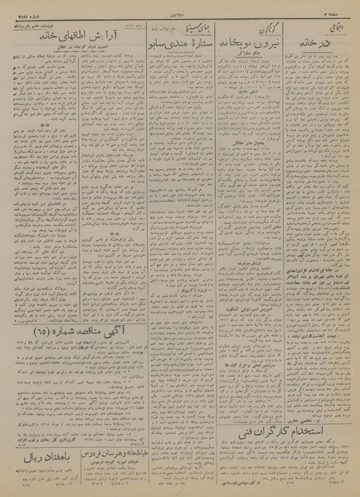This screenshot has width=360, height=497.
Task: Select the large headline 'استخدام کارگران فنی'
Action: pyautogui.click(x=294, y=431)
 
